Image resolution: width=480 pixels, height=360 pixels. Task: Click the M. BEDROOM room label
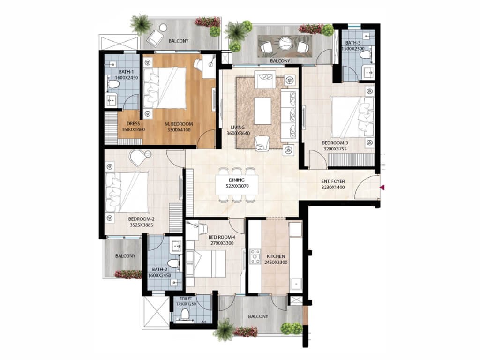point(179,124)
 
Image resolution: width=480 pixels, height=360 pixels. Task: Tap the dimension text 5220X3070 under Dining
point(237,186)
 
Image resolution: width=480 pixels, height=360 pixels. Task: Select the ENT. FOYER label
point(333,181)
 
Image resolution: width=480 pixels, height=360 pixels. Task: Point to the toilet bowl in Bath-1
point(113,84)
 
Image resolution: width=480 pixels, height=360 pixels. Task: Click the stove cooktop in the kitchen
point(255,256)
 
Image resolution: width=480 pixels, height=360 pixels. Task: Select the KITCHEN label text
point(276,256)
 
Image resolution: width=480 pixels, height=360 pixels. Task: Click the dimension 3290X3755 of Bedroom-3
point(335,149)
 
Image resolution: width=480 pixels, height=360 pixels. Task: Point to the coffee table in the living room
point(262,111)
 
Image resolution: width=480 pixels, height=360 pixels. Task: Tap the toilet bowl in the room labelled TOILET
point(185,314)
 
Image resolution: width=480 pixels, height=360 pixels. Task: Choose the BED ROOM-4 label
point(222,237)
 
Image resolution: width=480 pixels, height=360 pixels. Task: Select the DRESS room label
point(133,124)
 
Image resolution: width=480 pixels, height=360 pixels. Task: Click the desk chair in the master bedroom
point(198,65)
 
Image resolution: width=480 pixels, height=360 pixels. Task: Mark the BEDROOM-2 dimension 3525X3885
point(141,225)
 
